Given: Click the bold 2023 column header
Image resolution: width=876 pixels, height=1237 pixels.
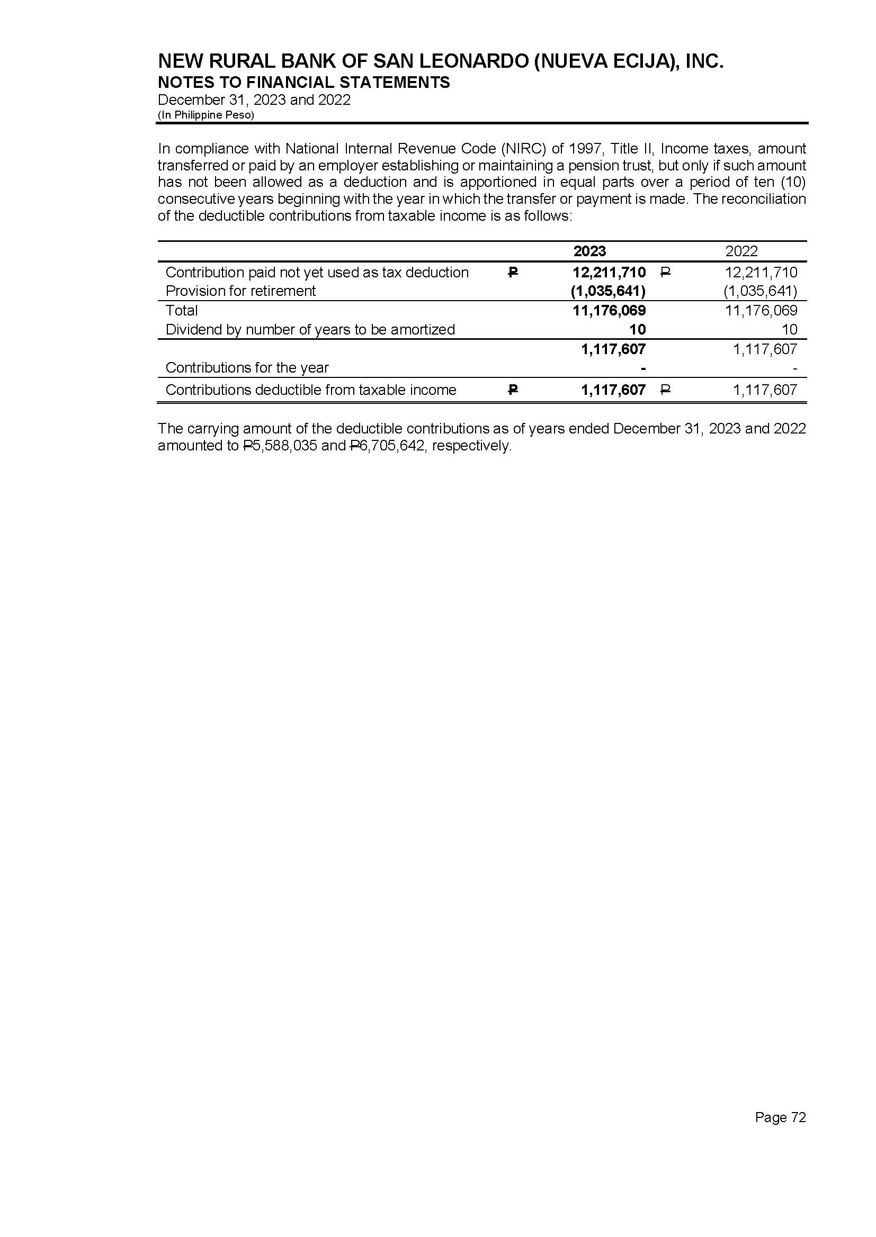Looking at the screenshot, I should coord(589,251).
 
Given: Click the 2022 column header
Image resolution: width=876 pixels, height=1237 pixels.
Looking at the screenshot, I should coord(741,251).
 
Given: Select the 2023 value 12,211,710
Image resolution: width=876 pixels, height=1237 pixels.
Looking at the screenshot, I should coord(609,272).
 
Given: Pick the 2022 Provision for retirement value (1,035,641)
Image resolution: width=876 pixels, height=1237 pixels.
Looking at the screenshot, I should coord(760,291).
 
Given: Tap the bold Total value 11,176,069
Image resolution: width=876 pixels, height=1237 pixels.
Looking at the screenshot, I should coord(609,311).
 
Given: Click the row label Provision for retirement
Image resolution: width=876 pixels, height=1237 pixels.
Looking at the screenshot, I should coord(240,291).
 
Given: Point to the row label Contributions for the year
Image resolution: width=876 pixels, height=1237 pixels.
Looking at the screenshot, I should coord(247,367).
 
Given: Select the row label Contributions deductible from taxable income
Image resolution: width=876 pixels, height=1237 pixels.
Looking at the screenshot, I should coord(311,390).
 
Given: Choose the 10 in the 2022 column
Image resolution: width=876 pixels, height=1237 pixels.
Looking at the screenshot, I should coord(789,329).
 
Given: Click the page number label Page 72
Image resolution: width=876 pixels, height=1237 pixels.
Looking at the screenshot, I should coord(780,1117).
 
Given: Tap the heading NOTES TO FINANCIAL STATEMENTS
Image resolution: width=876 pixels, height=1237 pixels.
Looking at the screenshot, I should coord(303,83).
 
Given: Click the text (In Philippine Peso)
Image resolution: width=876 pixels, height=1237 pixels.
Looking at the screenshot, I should coord(205,115).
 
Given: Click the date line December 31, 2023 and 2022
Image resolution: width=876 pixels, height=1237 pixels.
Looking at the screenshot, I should coord(254,100).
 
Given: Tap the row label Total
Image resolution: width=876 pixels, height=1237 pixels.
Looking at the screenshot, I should coord(182,311).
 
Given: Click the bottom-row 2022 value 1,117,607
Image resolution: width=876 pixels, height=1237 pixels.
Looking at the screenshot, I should coord(764,390).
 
